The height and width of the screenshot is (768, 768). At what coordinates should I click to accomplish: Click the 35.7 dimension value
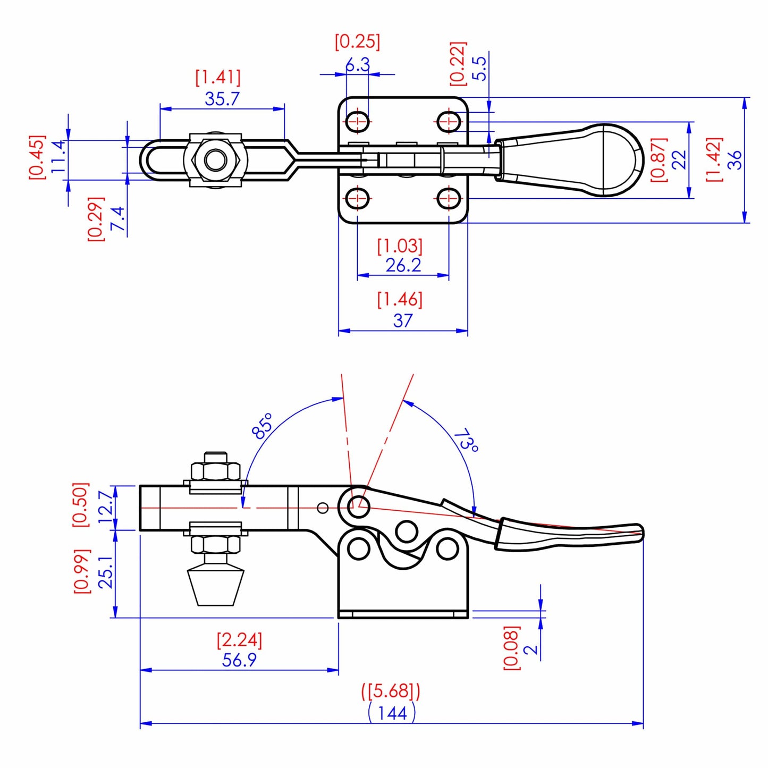[222, 99]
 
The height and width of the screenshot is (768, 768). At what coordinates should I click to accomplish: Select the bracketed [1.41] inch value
[218, 78]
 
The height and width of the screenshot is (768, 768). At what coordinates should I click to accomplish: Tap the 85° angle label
[263, 426]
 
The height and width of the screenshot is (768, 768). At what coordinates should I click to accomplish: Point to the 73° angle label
[466, 440]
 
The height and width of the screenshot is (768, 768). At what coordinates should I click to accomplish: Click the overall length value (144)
[392, 713]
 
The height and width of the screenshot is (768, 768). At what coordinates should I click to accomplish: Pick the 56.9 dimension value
[239, 660]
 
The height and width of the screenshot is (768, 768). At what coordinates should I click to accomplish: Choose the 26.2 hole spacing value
[403, 265]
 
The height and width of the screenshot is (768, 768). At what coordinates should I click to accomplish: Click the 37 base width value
[403, 320]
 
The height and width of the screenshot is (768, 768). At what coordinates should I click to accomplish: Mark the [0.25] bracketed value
[357, 41]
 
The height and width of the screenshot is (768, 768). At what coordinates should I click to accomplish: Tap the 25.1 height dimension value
[106, 572]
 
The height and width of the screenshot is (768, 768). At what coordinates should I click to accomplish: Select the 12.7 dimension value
[106, 507]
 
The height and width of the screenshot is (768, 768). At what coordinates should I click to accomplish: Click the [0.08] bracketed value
[511, 648]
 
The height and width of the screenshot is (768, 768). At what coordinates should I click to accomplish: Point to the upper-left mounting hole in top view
[358, 122]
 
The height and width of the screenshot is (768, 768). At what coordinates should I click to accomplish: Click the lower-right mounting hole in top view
[449, 199]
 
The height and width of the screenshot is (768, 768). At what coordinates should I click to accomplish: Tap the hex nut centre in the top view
[215, 159]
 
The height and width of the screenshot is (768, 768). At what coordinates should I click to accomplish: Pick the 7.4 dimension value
[117, 218]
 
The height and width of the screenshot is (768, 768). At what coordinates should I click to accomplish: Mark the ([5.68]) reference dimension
[391, 691]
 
